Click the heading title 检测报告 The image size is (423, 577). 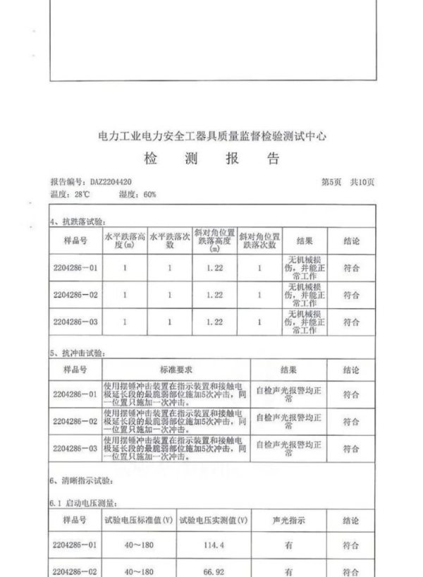(x=211, y=158)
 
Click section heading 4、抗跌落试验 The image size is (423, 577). (x=77, y=221)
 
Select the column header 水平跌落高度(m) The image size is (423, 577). (x=124, y=240)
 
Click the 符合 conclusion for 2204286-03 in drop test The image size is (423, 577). (x=351, y=321)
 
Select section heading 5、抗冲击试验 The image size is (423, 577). (x=77, y=351)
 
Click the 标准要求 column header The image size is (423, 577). (x=176, y=369)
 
